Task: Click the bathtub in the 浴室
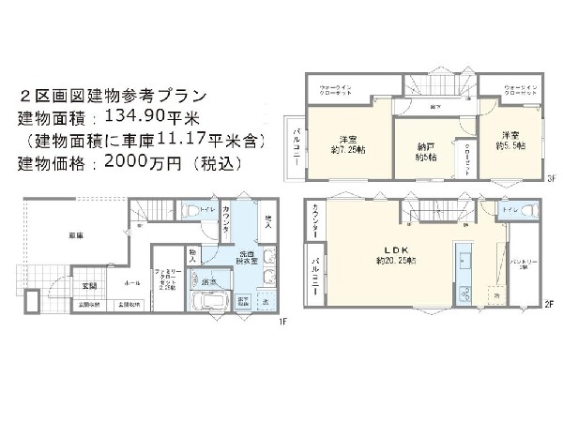(x=209, y=302)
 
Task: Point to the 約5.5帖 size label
(x=511, y=146)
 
